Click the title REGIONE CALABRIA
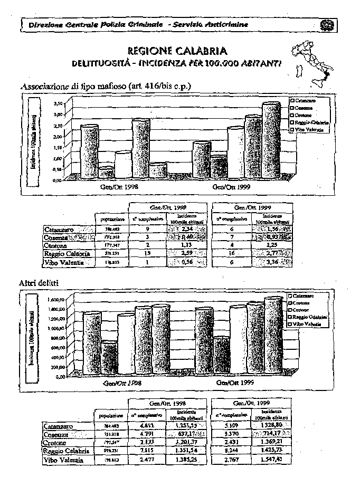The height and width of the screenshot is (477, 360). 177,51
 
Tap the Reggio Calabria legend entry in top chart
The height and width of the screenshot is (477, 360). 308,122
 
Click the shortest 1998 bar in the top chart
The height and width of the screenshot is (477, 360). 106,173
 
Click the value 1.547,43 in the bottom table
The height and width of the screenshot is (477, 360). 272,460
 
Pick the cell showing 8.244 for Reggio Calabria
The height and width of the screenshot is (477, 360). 231,451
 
